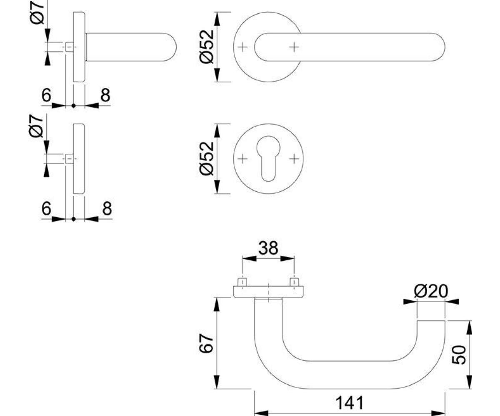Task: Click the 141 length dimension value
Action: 350,403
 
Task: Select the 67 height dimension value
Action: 206,343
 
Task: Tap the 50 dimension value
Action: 459,355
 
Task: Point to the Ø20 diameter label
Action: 431,291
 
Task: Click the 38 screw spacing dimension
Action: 268,248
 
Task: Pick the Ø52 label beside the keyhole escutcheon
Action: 206,159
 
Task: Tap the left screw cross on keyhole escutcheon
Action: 242,159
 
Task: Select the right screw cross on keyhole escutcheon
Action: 294,159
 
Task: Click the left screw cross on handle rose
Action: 242,47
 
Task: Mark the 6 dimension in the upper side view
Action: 46,95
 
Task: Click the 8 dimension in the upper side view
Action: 105,95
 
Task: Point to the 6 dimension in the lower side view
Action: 46,208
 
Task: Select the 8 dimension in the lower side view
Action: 107,208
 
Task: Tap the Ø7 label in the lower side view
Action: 36,126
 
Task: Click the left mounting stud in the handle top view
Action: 242,282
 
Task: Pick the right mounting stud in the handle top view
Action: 294,282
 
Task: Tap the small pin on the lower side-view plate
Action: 70,159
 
